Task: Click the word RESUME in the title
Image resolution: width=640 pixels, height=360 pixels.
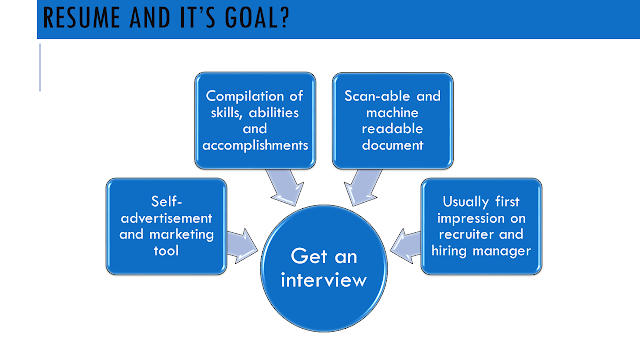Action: point(82,18)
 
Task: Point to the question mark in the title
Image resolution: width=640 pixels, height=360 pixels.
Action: point(284,18)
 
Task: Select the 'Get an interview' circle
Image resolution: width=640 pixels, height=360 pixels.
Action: point(324,269)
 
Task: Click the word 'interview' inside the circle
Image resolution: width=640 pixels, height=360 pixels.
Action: point(324,280)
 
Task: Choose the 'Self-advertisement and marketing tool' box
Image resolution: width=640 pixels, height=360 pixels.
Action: point(167,226)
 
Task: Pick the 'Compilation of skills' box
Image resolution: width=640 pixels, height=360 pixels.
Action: point(255,121)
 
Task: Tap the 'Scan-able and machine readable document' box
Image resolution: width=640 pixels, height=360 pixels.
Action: point(393,121)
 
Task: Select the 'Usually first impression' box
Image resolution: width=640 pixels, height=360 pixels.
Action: point(481,226)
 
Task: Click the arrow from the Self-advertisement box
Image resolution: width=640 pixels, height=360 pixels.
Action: point(242,246)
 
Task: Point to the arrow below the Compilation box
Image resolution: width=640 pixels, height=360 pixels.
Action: point(286,187)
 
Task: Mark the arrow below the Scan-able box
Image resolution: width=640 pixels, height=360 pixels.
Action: point(362,187)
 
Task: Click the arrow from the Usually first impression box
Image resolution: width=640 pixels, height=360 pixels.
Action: point(405,246)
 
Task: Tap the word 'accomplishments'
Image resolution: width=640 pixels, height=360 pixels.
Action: point(255,145)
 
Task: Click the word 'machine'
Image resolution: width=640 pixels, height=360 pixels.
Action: point(392,113)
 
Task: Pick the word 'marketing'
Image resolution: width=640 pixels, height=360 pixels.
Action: point(182,235)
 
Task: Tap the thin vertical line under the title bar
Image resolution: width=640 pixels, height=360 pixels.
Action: point(40,68)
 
